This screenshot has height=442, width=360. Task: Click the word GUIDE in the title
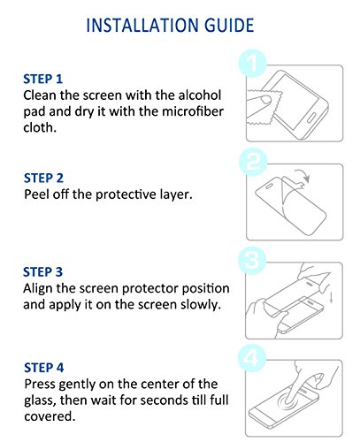click(x=229, y=25)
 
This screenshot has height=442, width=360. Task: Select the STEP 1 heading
click(x=43, y=79)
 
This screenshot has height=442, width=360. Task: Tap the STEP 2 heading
click(x=43, y=178)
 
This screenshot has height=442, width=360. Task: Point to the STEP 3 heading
click(x=43, y=272)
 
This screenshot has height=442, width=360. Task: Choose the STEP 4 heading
click(x=44, y=368)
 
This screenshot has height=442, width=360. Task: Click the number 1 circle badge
click(x=252, y=64)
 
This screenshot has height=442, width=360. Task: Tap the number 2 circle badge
click(x=253, y=163)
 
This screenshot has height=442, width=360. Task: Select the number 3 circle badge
click(x=252, y=261)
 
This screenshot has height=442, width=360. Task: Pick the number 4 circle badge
click(x=251, y=358)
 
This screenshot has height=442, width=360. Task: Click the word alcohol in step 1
click(x=200, y=95)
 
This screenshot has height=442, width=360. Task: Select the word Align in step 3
click(x=38, y=289)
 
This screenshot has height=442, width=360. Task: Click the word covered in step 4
click(x=50, y=416)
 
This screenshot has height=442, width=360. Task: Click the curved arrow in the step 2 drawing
click(x=303, y=175)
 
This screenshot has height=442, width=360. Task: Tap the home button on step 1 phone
click(x=311, y=118)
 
